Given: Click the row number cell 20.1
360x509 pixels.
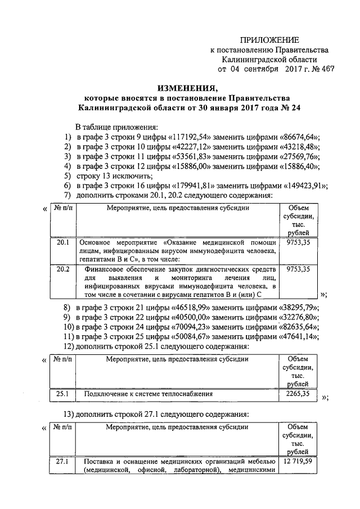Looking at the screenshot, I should (62, 244).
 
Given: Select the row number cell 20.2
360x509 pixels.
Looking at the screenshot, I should (62, 269).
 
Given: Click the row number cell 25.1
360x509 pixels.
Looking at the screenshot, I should (62, 394).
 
